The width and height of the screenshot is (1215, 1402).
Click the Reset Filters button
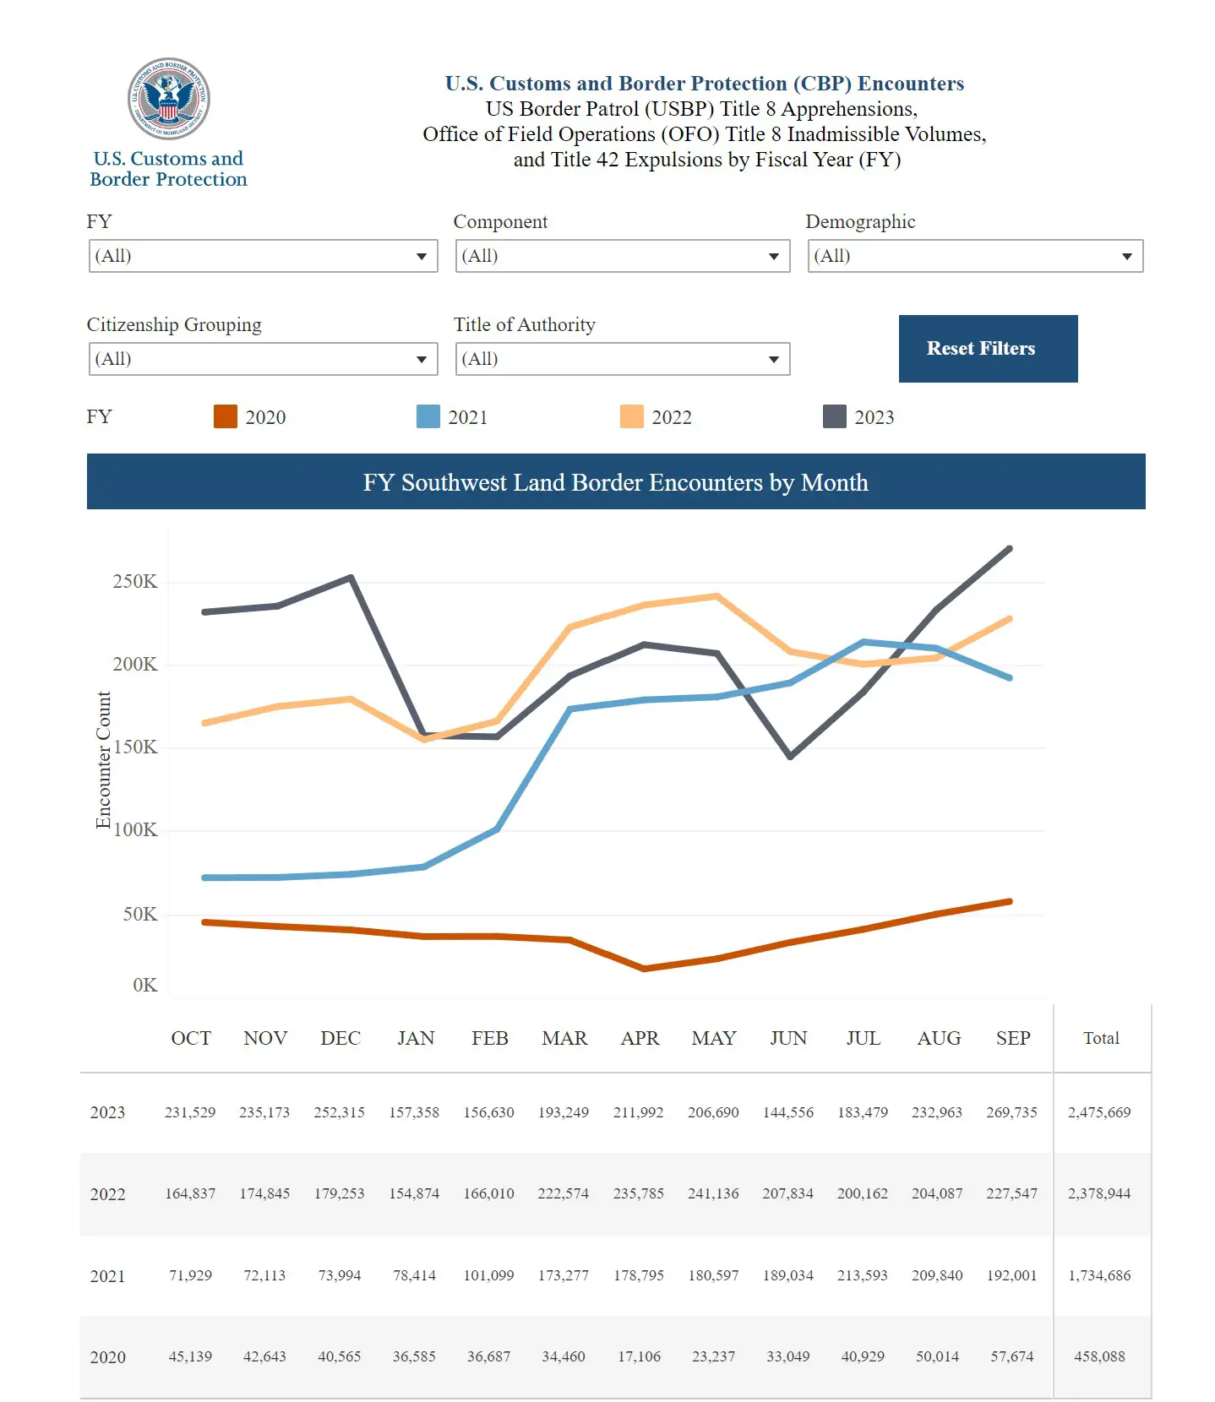point(988,349)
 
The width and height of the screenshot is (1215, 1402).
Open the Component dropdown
point(622,256)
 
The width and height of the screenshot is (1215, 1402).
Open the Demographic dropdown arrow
point(1126,257)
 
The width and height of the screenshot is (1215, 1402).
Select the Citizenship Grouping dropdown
point(263,359)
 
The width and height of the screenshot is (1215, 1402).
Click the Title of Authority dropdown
point(622,359)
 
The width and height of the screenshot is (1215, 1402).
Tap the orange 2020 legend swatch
point(226,417)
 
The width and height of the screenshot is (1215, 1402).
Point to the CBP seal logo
point(168,99)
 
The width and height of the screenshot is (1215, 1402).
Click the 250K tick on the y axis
point(135,582)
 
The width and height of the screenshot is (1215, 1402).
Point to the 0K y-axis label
point(144,986)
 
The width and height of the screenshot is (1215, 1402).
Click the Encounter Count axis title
point(103,760)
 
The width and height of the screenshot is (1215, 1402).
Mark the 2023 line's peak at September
point(1010,549)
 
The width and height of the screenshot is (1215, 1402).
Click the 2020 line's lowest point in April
point(644,968)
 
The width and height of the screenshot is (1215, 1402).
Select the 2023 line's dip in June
point(790,756)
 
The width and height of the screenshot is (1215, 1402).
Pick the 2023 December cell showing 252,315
point(339,1112)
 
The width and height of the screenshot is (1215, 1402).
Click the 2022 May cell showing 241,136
point(713,1193)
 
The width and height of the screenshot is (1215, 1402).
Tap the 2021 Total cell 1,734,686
point(1098,1275)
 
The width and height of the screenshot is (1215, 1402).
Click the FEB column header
point(489,1038)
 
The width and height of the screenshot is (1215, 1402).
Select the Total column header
point(1101,1038)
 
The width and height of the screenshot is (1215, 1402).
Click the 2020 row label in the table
point(108,1357)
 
